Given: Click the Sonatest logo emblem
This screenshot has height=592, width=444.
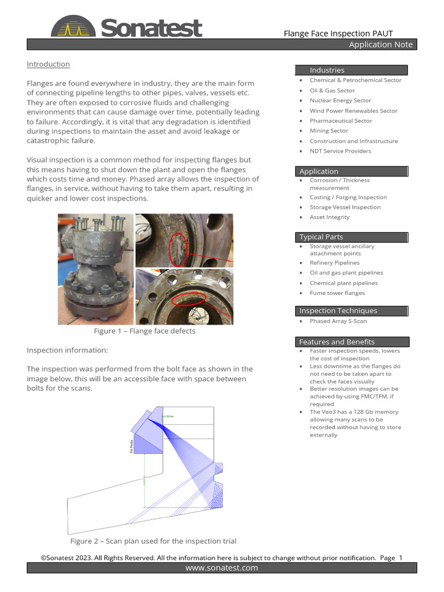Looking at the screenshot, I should (x=74, y=27).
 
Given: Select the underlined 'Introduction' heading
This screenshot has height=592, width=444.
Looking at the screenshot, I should (x=48, y=64).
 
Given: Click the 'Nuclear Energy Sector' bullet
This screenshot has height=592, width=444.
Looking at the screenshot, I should (x=340, y=101).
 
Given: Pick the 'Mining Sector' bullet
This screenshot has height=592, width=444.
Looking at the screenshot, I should (x=328, y=131).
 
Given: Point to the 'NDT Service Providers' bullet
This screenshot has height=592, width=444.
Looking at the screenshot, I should (x=340, y=151).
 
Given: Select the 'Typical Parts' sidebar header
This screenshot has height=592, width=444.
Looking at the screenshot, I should (x=321, y=237).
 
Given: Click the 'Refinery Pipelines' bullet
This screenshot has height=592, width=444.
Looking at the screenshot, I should (x=334, y=263).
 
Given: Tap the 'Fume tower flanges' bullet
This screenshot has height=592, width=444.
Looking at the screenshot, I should (x=337, y=293).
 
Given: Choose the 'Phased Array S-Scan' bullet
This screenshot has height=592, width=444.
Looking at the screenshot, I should (x=338, y=321).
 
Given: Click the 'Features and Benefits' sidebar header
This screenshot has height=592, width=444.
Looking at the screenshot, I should (x=336, y=342).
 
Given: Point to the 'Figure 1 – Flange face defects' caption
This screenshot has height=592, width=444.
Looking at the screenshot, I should (x=145, y=331).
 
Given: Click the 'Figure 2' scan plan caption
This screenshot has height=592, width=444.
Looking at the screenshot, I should (x=153, y=541).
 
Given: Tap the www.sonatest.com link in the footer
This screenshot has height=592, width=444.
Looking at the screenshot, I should (x=221, y=568).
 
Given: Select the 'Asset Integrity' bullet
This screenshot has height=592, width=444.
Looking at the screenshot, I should (x=330, y=217).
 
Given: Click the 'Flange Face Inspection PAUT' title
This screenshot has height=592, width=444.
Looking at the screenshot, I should (x=338, y=34).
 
